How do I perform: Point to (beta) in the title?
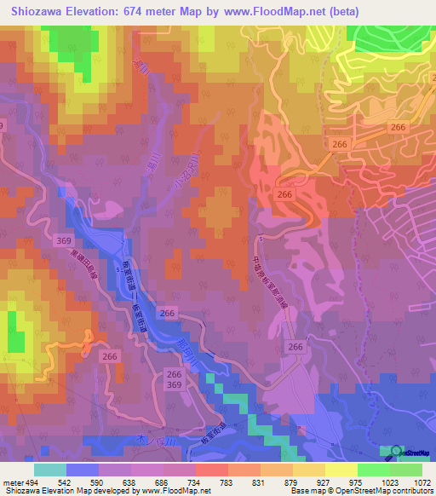(342, 11)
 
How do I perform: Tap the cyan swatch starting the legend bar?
(50, 469)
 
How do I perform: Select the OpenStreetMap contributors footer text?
(393, 491)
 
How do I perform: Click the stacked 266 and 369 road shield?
(175, 380)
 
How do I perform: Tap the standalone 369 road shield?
(63, 242)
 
